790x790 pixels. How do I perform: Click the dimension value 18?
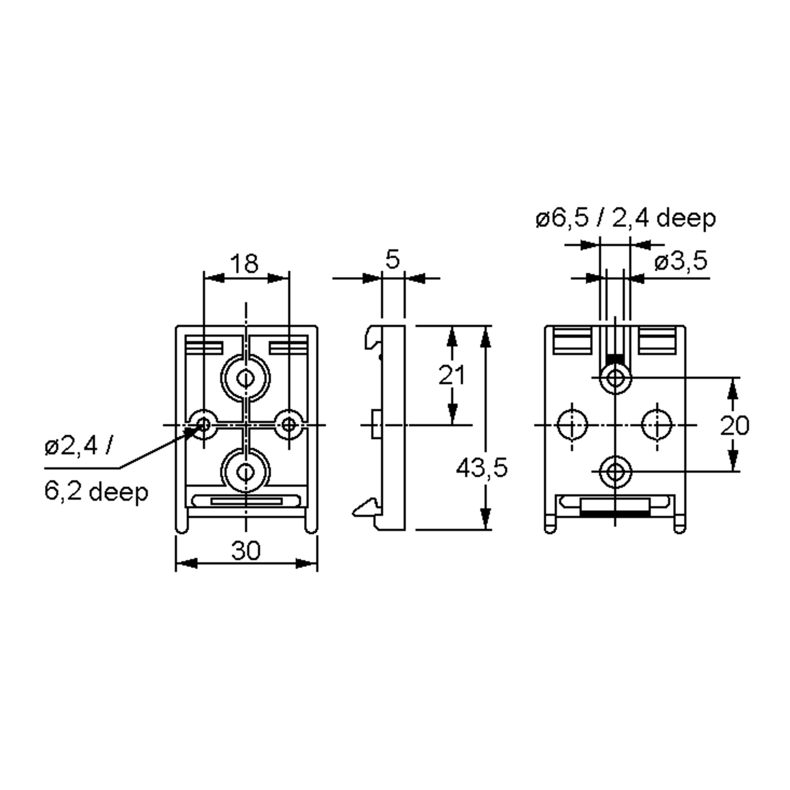[244, 264]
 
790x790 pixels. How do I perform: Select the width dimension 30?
[245, 551]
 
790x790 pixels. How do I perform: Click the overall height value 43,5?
[481, 468]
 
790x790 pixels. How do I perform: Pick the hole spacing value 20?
[734, 425]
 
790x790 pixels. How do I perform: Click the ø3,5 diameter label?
[680, 262]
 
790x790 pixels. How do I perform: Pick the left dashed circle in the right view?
[572, 425]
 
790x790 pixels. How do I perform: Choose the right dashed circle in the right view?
[657, 425]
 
